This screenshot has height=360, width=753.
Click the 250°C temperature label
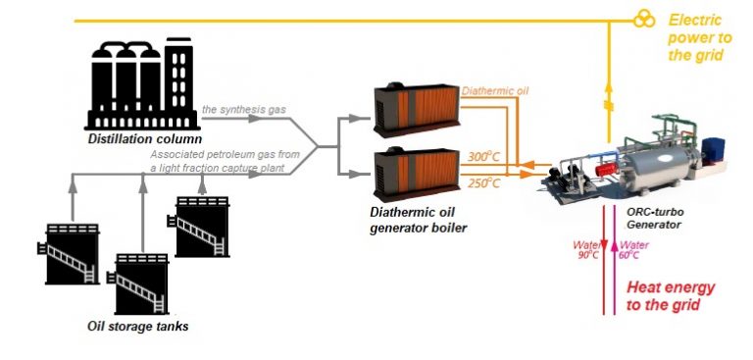point(484,182)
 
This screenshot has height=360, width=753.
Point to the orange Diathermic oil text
point(495,91)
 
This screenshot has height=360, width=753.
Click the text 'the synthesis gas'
point(244,109)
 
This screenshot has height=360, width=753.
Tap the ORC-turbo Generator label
point(654,218)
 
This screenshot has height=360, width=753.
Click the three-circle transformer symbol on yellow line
point(643,20)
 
